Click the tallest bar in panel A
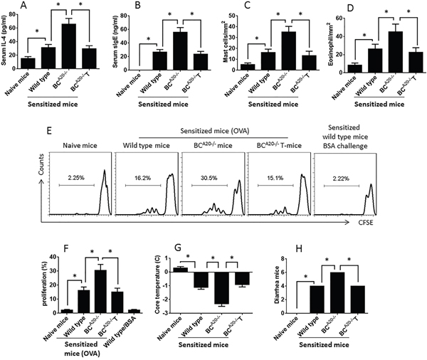68,46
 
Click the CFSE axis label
365,223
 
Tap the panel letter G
177,248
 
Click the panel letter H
299,248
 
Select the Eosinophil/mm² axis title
331,43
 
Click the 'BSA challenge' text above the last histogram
344,146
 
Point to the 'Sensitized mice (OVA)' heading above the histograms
215,131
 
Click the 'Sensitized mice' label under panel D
379,104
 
